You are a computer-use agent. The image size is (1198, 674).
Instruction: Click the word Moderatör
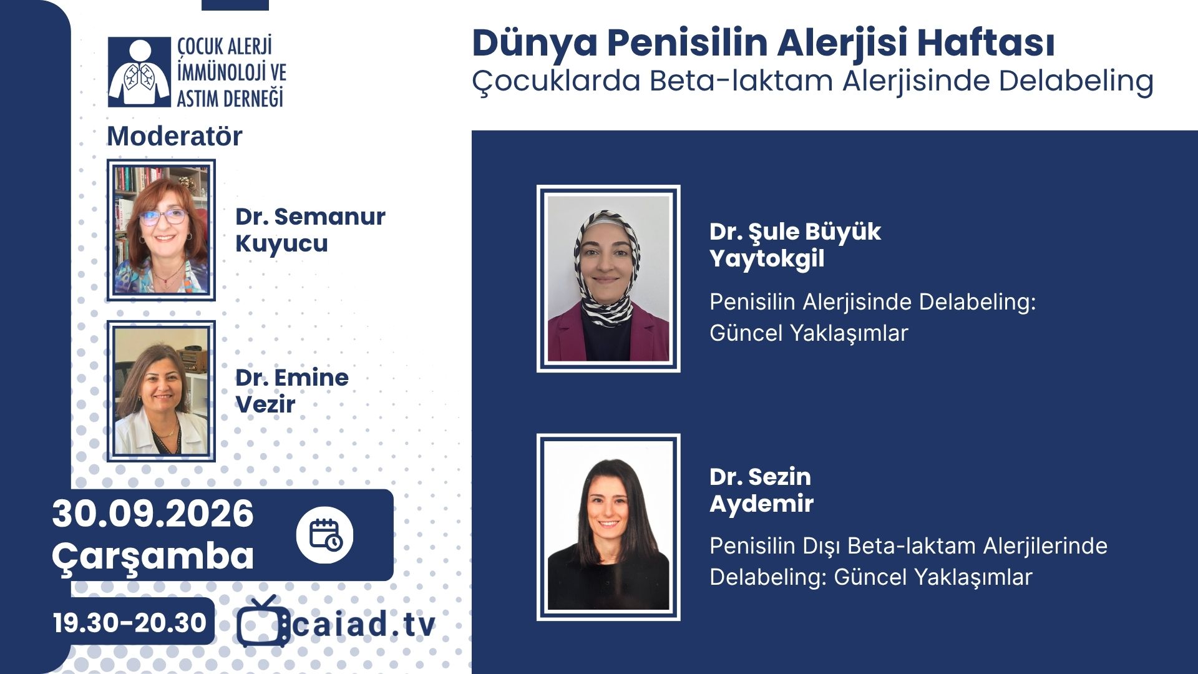(175, 136)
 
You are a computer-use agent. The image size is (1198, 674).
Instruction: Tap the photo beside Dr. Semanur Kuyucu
(161, 230)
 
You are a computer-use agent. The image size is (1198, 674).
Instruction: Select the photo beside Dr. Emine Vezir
(161, 391)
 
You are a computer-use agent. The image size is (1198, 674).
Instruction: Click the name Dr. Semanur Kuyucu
(310, 230)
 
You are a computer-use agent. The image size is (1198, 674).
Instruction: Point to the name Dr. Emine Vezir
(292, 391)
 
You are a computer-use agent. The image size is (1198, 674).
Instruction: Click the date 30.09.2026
(153, 514)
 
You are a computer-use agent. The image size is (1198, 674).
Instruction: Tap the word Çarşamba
(153, 555)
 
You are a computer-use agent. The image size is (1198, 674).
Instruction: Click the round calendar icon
(324, 535)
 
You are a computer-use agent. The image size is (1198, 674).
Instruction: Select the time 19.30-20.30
(129, 622)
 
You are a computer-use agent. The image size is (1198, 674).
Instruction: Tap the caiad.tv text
(364, 625)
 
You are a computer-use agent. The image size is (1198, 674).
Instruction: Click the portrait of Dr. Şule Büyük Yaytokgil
(608, 278)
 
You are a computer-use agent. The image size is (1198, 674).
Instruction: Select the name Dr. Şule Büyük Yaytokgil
(795, 245)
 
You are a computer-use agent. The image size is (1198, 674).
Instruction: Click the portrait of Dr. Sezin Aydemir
(608, 527)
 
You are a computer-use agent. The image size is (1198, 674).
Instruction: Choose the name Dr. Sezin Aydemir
(761, 490)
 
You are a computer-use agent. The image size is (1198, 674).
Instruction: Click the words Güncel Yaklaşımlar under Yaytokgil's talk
(809, 333)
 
